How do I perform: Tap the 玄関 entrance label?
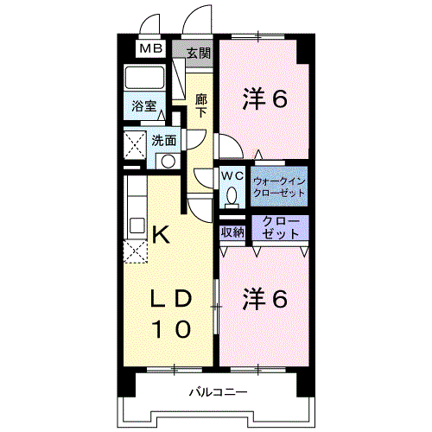tap(198, 52)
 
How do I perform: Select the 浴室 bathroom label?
tap(143, 107)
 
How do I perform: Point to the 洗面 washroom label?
tap(164, 139)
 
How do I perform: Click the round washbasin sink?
tap(168, 160)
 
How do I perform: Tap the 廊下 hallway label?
tap(201, 105)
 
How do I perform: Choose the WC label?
tap(231, 175)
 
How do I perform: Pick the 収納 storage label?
tap(232, 232)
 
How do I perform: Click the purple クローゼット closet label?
tap(280, 228)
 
